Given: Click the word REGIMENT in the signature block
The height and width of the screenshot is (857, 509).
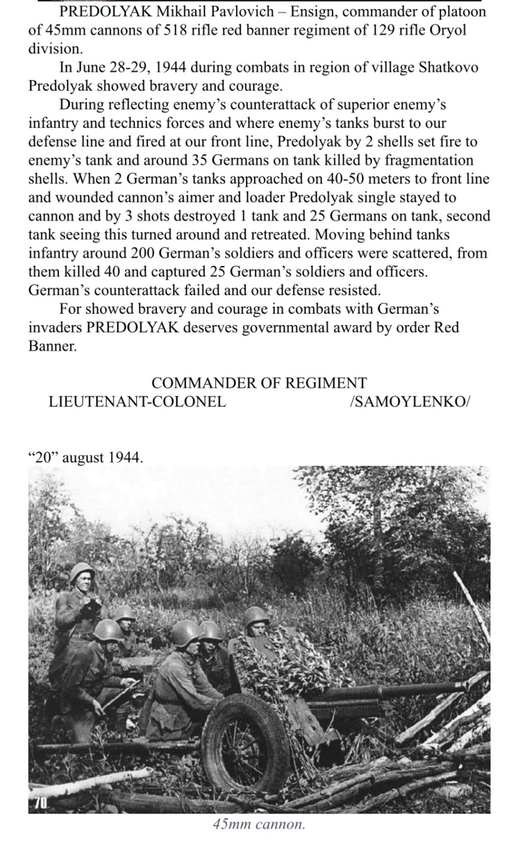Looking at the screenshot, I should point(326,383).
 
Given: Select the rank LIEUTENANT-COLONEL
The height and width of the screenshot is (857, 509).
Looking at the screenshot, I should point(137,401).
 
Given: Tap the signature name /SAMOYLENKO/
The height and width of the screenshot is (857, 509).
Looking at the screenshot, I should point(410,401).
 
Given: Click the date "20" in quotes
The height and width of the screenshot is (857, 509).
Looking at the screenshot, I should point(42,457).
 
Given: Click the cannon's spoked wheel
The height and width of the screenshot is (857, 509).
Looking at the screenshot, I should point(245,741).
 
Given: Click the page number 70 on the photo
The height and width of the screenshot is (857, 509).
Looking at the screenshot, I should point(39,802).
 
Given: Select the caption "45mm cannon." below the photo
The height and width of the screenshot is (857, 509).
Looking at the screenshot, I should point(259,824).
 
